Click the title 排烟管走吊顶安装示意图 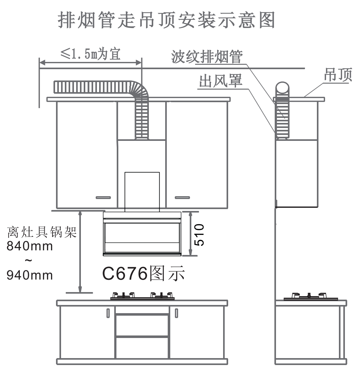click(x=167, y=20)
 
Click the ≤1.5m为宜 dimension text click(x=90, y=54)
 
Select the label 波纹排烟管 click(x=207, y=57)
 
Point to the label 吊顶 click(x=338, y=75)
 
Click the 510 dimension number click(x=199, y=235)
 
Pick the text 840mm click(x=30, y=246)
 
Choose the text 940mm click(x=30, y=275)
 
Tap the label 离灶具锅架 click(x=42, y=232)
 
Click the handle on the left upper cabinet click(x=103, y=197)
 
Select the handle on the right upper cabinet click(x=183, y=197)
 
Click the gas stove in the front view click(x=142, y=296)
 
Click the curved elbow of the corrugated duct click(x=138, y=90)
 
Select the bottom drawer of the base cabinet click(x=142, y=347)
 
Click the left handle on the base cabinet click(x=108, y=313)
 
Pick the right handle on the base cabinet click(x=176, y=313)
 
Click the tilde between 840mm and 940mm click(x=29, y=261)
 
